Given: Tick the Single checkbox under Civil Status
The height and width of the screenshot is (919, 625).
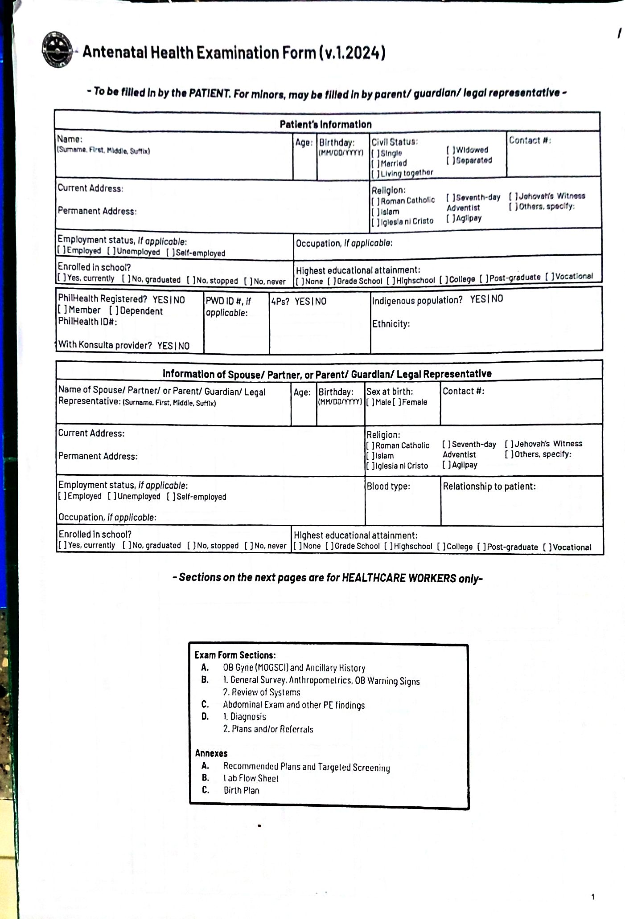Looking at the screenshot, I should (375, 153).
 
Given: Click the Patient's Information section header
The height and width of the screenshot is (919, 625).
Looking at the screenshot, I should (325, 124).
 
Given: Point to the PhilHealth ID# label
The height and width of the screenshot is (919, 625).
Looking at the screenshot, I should (87, 322).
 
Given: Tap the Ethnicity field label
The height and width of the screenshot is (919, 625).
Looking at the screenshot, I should (391, 324).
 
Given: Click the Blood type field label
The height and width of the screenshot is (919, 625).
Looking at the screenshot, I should (388, 486).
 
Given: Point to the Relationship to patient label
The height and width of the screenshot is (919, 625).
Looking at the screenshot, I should (489, 486).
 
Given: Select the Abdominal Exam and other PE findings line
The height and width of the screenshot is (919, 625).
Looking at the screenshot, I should (294, 705).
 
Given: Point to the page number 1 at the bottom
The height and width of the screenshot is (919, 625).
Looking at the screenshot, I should (592, 897).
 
